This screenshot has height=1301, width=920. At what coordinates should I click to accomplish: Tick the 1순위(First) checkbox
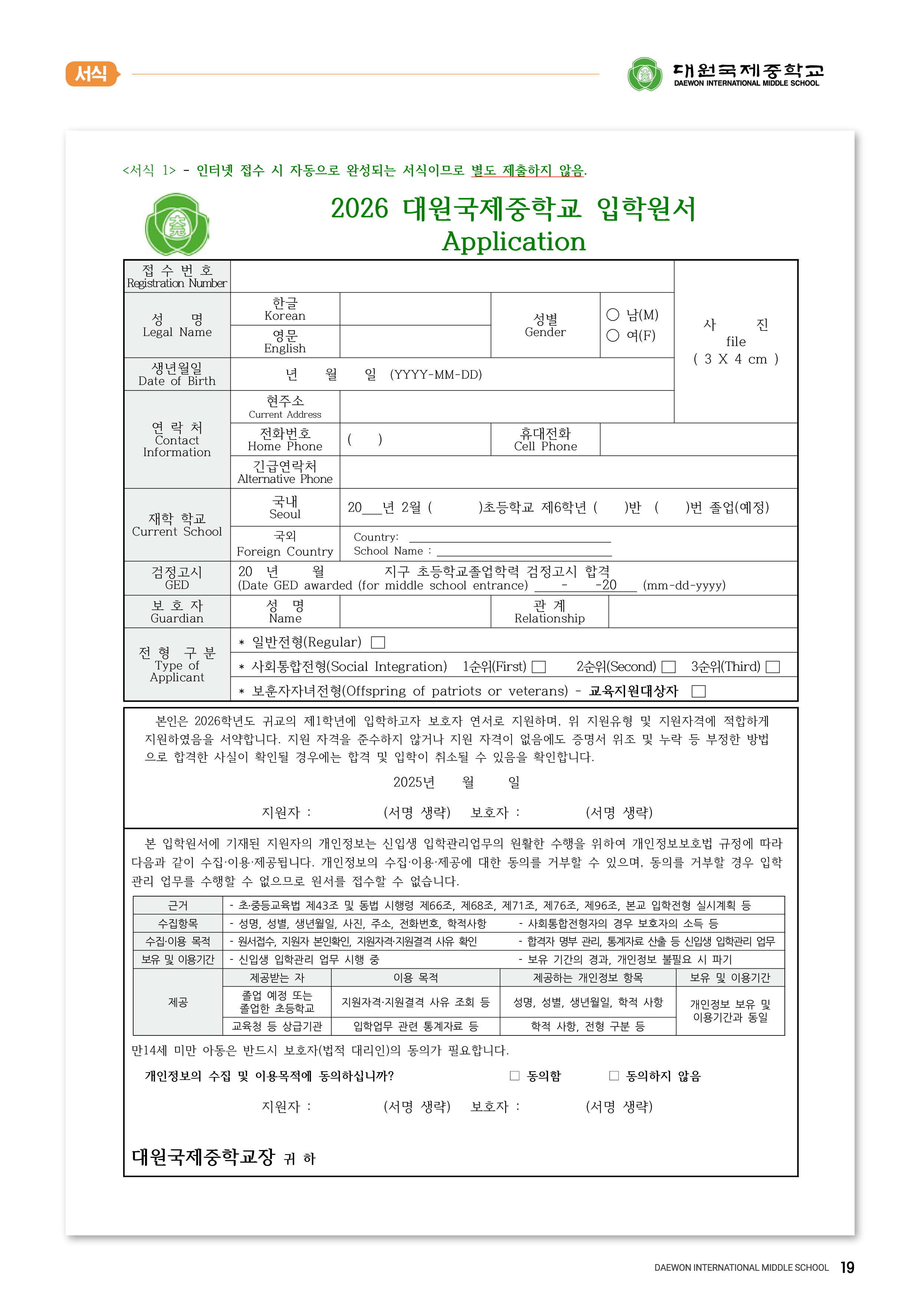tap(539, 667)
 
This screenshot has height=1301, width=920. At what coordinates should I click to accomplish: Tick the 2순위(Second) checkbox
tap(669, 667)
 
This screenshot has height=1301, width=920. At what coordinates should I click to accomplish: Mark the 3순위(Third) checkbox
tap(773, 667)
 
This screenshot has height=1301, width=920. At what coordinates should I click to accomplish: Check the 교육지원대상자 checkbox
tap(699, 691)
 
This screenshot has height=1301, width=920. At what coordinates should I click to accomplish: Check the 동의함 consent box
tap(515, 1076)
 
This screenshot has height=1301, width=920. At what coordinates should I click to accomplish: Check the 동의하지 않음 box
tap(614, 1076)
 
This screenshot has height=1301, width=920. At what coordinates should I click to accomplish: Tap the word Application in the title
tap(513, 241)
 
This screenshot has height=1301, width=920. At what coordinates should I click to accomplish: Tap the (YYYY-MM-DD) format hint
tap(436, 375)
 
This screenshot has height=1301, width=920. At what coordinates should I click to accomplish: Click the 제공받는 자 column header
tap(277, 978)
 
